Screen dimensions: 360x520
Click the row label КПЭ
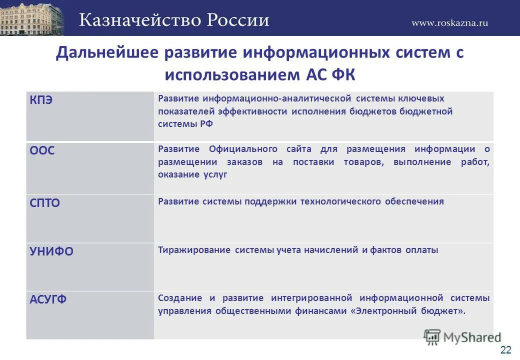[41, 99]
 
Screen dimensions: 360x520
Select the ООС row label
[42, 151]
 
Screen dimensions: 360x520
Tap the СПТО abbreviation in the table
[44, 203]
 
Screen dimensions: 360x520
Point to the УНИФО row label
[51, 251]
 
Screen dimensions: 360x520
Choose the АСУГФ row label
[48, 299]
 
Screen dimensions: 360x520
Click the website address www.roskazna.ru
[449, 22]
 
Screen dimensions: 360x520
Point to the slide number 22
[505, 349]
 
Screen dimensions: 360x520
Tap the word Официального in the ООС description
[243, 149]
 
